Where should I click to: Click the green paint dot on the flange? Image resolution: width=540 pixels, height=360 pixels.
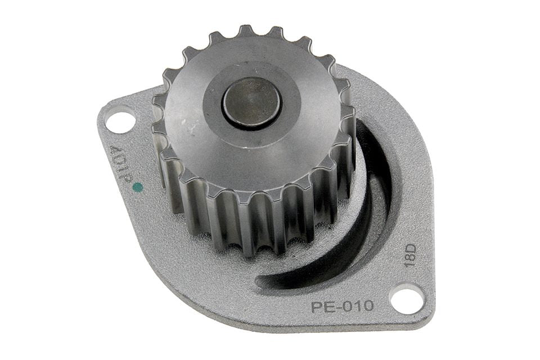[138, 187]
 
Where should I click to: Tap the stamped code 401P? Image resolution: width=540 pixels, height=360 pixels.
[119, 162]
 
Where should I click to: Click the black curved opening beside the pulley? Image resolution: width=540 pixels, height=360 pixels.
[344, 220]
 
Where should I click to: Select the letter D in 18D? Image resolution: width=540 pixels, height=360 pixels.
[411, 249]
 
